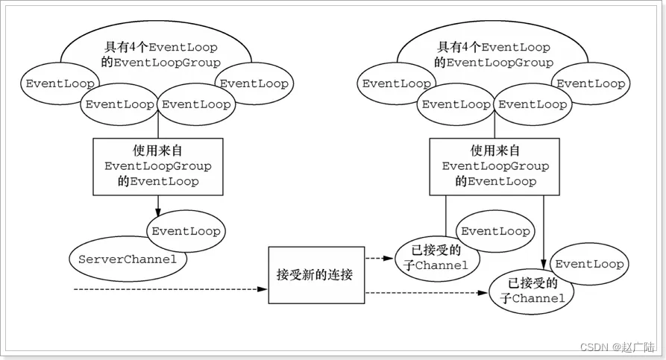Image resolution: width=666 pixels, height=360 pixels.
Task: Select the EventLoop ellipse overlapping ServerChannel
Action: coord(186,231)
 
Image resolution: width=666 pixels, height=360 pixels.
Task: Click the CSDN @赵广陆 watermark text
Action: coord(616,347)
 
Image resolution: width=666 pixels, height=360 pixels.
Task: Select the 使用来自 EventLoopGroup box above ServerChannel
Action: coord(158,165)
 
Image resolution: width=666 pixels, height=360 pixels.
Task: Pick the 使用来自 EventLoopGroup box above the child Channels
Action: coord(495,165)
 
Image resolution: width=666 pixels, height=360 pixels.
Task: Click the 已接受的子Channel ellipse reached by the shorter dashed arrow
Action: coord(436,259)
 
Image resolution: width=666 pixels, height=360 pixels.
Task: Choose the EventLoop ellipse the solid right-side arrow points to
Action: coord(589,264)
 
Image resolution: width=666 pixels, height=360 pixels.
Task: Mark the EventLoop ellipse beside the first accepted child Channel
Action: coord(494,231)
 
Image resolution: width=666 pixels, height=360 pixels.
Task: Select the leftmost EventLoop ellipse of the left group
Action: coord(56,83)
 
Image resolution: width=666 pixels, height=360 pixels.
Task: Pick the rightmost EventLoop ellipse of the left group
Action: coord(254,83)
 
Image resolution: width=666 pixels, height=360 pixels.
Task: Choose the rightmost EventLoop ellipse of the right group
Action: coord(591,83)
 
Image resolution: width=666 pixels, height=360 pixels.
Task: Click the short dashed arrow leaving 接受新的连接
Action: coord(378,259)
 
